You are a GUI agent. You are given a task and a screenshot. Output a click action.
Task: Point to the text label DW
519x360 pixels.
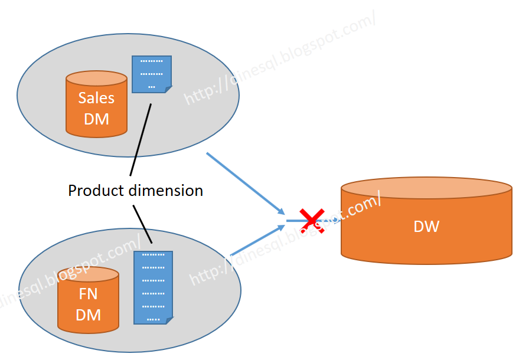point(426,226)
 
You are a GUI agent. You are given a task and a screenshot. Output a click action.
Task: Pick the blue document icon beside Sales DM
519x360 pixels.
point(152,74)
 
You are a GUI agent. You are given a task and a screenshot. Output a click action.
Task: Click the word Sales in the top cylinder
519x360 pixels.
point(96,98)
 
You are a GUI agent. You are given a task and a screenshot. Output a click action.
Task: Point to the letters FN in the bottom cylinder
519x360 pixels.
point(88,294)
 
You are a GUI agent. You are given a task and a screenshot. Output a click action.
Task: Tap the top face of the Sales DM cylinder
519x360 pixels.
point(96,78)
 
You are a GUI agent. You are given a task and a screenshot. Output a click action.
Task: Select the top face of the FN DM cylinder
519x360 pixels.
point(88,274)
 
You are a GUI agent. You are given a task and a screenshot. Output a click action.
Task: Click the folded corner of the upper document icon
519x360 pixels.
point(168,89)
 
